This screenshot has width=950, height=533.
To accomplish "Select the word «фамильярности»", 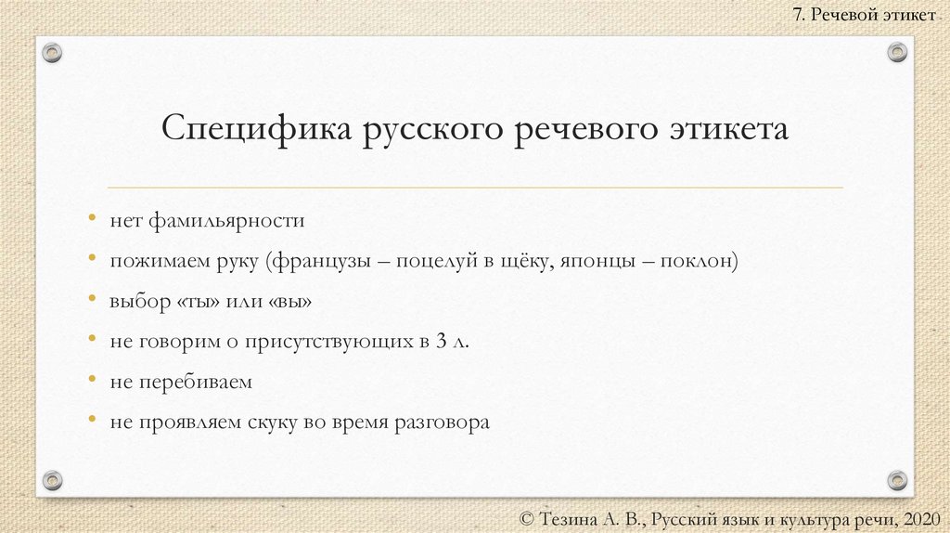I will click(x=224, y=222).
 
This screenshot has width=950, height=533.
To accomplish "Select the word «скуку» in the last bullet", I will click(x=270, y=422).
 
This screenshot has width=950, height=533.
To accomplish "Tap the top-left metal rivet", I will click(x=53, y=53).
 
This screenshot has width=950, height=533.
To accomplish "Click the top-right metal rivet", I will click(x=897, y=53).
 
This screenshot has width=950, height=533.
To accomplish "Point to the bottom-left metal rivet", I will click(x=53, y=480).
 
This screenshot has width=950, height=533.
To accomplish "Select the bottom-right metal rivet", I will click(x=897, y=480).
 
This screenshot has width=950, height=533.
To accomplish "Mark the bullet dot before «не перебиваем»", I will click(x=93, y=381).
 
